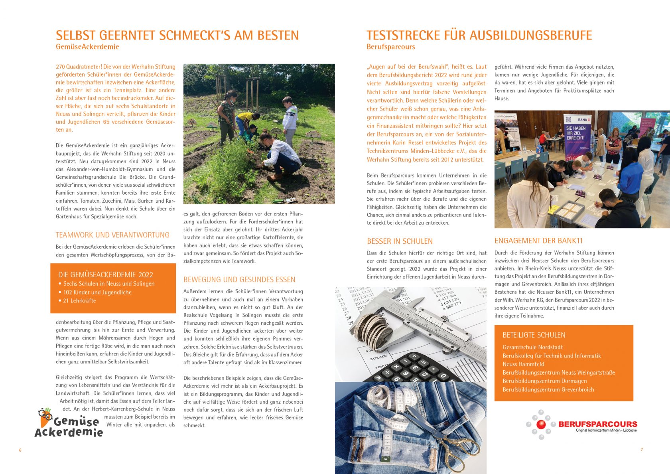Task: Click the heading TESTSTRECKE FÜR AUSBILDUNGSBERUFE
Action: coord(479,36)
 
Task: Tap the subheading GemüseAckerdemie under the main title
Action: coord(87,47)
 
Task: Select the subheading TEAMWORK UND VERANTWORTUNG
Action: coord(112,235)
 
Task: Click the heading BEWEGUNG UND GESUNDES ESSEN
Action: coord(239,280)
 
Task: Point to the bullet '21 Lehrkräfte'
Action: coord(79,301)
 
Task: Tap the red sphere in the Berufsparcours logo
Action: coord(541,425)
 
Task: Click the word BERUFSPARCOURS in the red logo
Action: coord(597,424)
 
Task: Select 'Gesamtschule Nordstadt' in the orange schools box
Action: coord(532,347)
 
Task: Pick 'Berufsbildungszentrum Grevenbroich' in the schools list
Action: coord(548,390)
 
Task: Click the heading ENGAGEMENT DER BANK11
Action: coord(538,241)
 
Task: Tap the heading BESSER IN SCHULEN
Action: coord(400,241)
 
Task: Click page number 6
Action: coord(20,450)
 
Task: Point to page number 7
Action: coord(642,450)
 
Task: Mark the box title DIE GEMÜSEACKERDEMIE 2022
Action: coord(106,275)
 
